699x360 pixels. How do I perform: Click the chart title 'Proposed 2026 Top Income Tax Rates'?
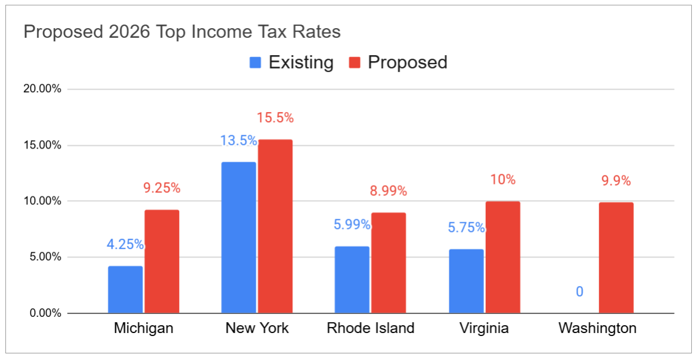coord(182,32)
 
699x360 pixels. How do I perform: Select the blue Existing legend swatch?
coord(256,62)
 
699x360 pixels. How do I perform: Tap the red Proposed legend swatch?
coord(355,62)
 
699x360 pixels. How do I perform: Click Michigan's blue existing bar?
coord(126,289)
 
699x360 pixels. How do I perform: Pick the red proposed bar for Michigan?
coord(162,261)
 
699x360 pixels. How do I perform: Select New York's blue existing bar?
coord(238,237)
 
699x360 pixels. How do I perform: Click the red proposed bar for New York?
coord(275,226)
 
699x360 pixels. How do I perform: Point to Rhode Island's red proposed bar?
coord(388,263)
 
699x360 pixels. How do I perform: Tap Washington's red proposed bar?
coord(616,258)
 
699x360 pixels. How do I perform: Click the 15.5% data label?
coord(276,118)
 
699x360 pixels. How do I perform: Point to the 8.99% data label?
coord(389,191)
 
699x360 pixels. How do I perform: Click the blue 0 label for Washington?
coord(580,292)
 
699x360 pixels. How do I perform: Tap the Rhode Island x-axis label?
coord(371,328)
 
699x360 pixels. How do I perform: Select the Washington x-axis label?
coord(597,328)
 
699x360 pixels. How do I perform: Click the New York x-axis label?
coord(257,328)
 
